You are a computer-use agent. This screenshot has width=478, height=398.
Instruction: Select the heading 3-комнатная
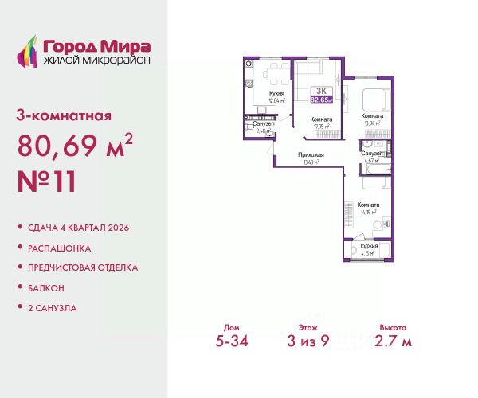(x=64, y=115)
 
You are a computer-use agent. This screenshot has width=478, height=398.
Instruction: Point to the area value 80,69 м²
(x=74, y=146)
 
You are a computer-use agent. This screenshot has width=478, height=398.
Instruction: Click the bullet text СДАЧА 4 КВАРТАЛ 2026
(x=78, y=228)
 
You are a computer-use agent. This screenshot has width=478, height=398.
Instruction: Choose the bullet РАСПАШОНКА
(x=61, y=248)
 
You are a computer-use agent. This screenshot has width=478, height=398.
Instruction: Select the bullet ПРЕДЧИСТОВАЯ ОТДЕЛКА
(x=82, y=267)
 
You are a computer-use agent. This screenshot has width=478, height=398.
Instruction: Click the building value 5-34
(x=232, y=342)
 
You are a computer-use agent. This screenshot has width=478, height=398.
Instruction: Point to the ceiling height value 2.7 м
(x=394, y=342)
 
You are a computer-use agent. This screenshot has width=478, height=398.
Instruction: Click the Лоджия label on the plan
(x=369, y=247)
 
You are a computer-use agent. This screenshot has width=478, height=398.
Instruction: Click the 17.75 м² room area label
(x=323, y=126)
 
